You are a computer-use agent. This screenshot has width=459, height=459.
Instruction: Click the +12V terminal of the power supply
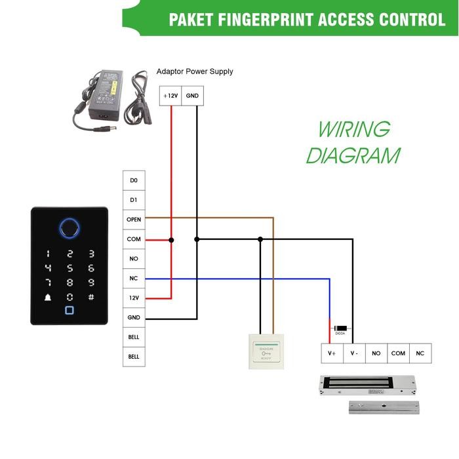tap(170, 95)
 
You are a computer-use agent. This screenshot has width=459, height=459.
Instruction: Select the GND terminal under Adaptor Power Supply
tap(192, 95)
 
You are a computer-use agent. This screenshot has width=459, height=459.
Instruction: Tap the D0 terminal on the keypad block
tap(134, 180)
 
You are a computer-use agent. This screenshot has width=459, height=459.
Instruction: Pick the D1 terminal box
tap(134, 200)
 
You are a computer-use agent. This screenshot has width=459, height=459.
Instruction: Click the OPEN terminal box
tap(134, 220)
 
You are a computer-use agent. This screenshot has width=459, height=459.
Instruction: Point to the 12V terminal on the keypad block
tap(134, 298)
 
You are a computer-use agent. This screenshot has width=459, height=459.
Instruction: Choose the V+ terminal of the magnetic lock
tap(332, 353)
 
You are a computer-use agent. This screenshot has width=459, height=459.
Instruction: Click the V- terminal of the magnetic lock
tap(354, 353)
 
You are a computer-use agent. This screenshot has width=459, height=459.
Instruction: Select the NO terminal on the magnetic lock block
tap(376, 353)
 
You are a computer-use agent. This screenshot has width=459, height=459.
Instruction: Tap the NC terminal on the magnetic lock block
tap(420, 353)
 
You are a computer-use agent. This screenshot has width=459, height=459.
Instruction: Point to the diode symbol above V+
tap(340, 328)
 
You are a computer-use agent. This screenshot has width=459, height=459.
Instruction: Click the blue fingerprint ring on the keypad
tap(69, 228)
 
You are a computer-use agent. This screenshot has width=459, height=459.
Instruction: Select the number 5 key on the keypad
tap(70, 268)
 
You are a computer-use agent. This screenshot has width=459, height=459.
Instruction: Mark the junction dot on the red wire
tap(172, 240)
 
